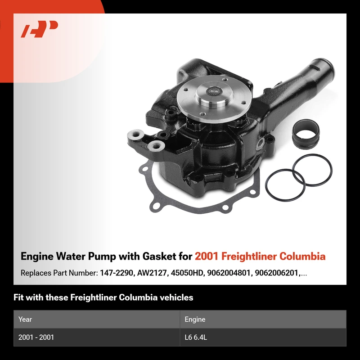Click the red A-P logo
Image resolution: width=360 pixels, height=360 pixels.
pyautogui.click(x=39, y=29)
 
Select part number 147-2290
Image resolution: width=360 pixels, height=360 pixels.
pyautogui.click(x=117, y=273)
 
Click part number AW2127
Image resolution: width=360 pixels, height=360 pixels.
pyautogui.click(x=152, y=273)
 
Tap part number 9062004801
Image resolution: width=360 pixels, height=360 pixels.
pyautogui.click(x=229, y=273)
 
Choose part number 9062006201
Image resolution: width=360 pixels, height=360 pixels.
pyautogui.click(x=276, y=273)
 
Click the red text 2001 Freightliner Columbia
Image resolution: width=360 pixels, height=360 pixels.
pyautogui.click(x=260, y=256)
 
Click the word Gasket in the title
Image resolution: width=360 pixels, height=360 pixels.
pyautogui.click(x=158, y=256)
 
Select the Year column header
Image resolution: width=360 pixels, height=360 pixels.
pyautogui.click(x=25, y=319)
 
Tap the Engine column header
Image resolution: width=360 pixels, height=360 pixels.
pyautogui.click(x=195, y=319)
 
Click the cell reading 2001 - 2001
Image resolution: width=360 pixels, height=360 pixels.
pyautogui.click(x=36, y=337)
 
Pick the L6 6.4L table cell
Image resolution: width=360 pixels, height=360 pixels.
pyautogui.click(x=196, y=337)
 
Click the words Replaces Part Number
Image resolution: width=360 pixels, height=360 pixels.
pyautogui.click(x=59, y=273)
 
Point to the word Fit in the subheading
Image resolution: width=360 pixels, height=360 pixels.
pyautogui.click(x=18, y=297)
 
